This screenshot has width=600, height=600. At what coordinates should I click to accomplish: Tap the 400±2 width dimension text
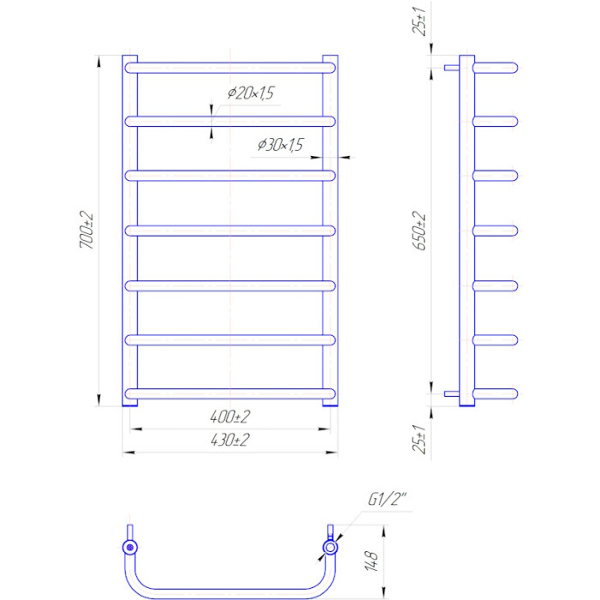tap(230, 417)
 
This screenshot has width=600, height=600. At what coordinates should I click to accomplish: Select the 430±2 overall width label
tap(230, 440)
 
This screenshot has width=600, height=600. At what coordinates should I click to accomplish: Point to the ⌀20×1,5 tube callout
tap(251, 93)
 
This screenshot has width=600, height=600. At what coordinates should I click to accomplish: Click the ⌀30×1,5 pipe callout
tap(280, 145)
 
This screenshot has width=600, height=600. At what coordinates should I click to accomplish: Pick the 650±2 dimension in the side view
tap(420, 231)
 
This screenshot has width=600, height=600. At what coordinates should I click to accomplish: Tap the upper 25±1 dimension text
tap(420, 21)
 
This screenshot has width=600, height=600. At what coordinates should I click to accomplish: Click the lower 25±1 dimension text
tap(420, 439)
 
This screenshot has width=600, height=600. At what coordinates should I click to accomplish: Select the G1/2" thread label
tap(387, 500)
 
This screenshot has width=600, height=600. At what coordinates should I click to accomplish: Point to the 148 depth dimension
tap(371, 561)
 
